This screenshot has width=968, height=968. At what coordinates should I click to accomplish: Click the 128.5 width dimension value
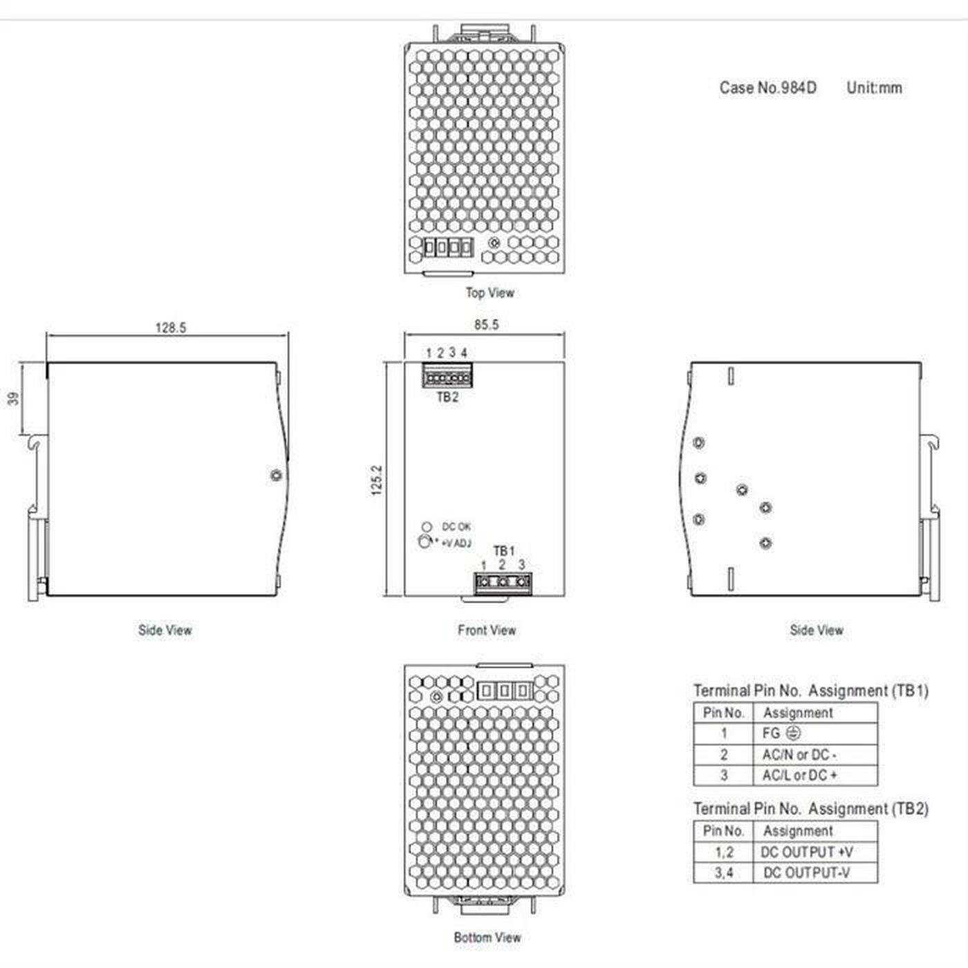click(x=170, y=328)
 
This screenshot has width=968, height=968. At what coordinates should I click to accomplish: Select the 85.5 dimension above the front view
click(x=486, y=324)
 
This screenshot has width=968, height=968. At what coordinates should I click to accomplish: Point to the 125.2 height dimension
click(x=377, y=480)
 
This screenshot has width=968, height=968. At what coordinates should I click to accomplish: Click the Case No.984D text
click(x=767, y=88)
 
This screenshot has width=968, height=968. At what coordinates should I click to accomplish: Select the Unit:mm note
click(x=874, y=88)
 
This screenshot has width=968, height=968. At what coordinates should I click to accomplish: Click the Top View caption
click(x=490, y=292)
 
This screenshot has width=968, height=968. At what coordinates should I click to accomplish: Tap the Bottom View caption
click(x=487, y=938)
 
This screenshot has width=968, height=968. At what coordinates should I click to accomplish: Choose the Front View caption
click(x=487, y=630)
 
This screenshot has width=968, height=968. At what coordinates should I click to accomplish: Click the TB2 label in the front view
click(x=447, y=397)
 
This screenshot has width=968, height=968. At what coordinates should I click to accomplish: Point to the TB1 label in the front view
click(x=504, y=550)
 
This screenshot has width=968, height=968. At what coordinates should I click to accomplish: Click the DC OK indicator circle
click(x=427, y=527)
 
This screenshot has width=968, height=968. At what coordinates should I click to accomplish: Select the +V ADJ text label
click(x=456, y=543)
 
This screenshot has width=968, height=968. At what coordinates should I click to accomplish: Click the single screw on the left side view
click(x=276, y=475)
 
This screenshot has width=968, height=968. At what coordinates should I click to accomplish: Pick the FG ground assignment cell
click(x=815, y=734)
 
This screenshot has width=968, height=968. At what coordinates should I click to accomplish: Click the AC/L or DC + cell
click(x=815, y=775)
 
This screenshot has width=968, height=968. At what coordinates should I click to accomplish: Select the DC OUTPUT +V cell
click(x=815, y=852)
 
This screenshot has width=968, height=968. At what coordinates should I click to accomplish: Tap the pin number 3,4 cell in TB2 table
click(x=723, y=873)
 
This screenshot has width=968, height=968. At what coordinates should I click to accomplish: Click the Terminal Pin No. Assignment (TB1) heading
click(x=810, y=690)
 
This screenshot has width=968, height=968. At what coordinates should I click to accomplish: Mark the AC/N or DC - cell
click(x=815, y=754)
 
